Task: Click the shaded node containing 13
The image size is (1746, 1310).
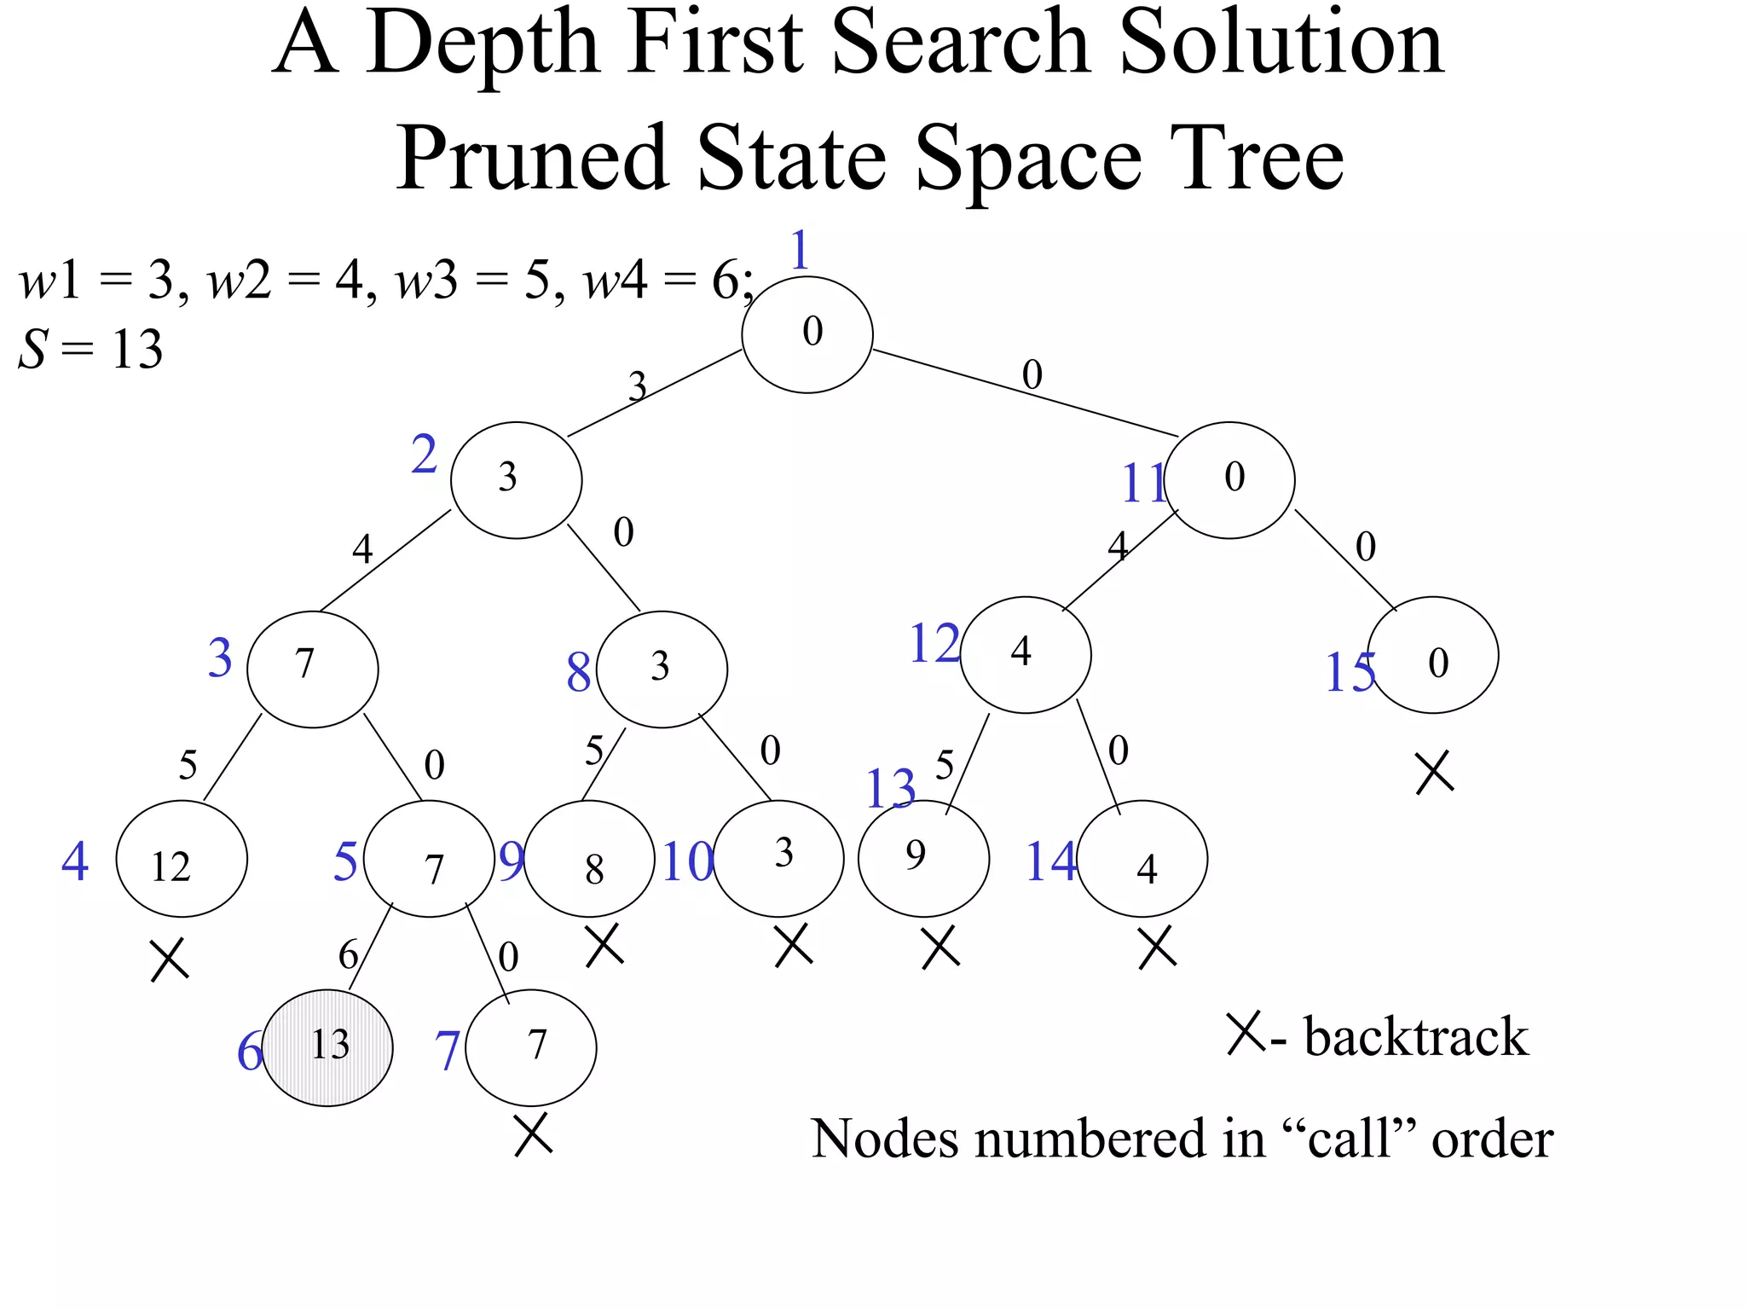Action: [327, 1047]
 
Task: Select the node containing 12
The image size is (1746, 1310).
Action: [182, 859]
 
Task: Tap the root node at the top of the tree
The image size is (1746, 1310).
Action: [807, 334]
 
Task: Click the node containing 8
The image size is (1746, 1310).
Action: [589, 859]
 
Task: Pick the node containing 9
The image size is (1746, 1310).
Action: [923, 858]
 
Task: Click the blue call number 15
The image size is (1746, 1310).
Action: [1350, 672]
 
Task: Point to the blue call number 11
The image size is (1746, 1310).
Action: [1142, 484]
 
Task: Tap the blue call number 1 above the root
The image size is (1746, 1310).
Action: [799, 251]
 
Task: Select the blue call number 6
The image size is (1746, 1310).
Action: [249, 1051]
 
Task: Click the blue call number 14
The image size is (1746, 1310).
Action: [1050, 861]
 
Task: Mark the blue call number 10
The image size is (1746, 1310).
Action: [687, 861]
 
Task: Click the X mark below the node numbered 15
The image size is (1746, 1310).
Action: [1434, 773]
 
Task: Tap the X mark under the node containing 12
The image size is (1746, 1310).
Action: [169, 960]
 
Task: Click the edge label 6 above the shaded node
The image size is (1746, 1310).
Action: [348, 954]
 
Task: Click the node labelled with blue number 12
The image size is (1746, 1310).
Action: [1025, 654]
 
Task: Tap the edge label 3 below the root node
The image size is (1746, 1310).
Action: [637, 387]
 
